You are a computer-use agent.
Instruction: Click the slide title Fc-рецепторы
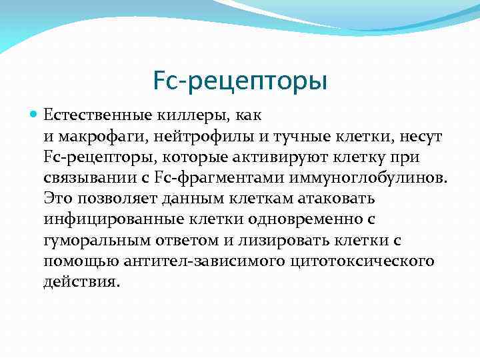[x=240, y=81]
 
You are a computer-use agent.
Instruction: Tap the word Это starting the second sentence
[x=57, y=199]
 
